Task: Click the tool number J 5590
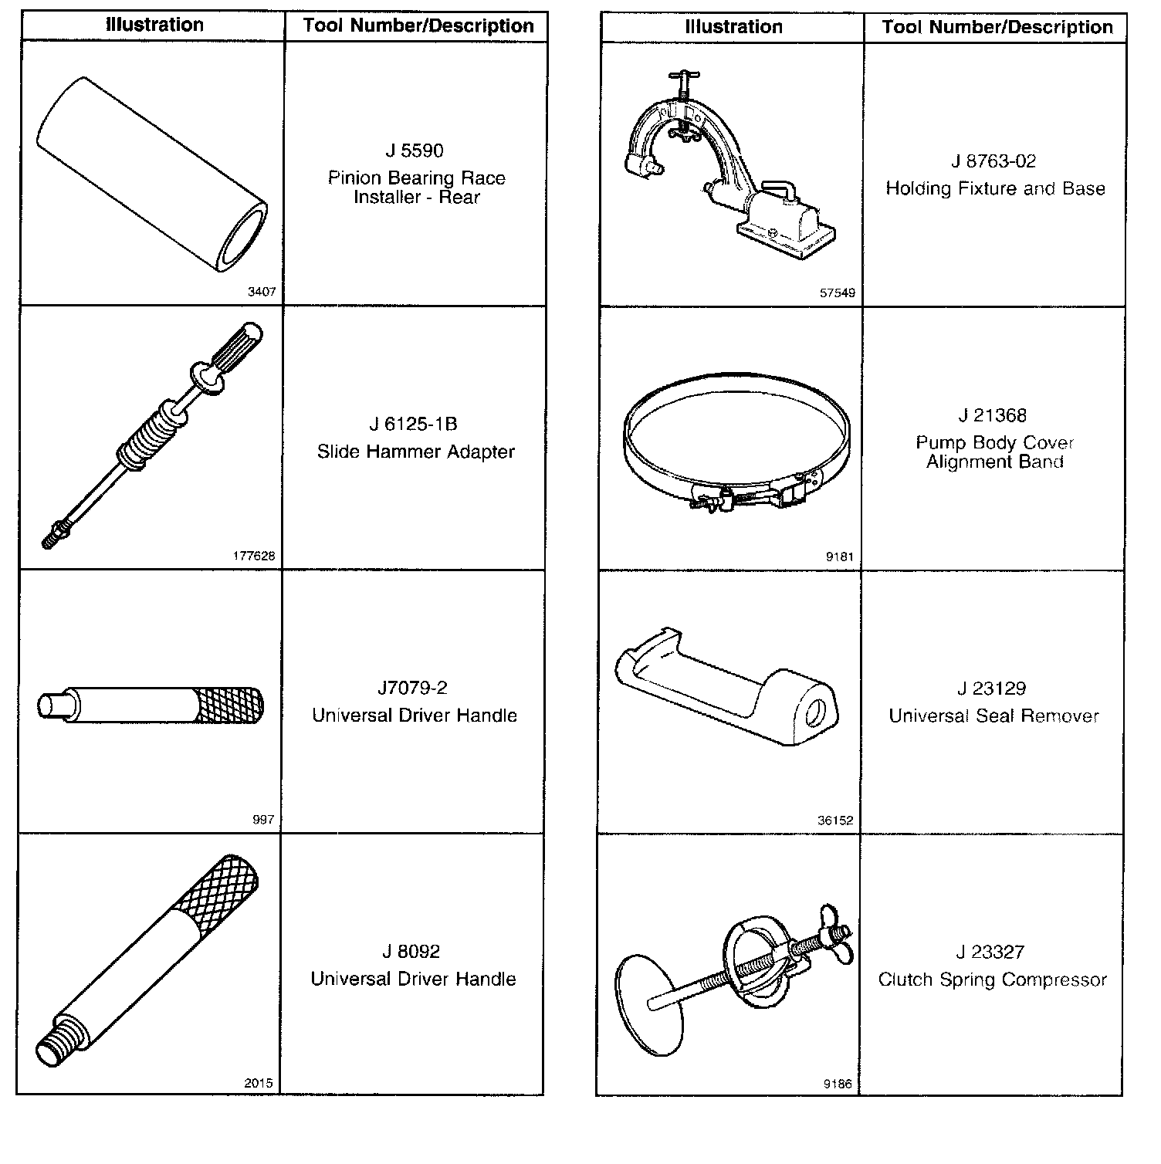415,151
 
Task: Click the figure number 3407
262,293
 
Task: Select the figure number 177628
253,556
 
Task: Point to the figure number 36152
835,821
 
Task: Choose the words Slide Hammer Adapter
416,452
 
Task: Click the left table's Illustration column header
154,25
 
